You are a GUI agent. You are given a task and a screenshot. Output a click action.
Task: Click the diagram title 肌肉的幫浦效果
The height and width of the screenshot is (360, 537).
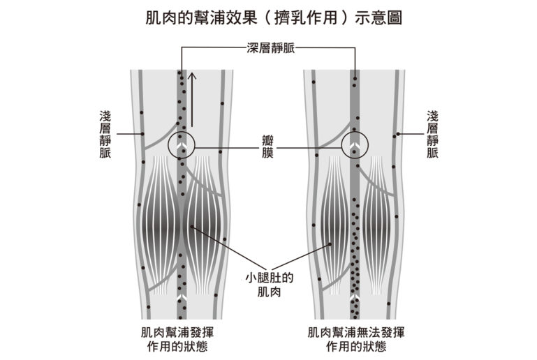tap(201, 18)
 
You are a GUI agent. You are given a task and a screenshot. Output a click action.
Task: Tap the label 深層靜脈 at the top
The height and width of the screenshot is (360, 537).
tap(270, 48)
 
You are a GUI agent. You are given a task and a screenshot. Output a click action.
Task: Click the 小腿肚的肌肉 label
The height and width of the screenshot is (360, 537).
tap(269, 285)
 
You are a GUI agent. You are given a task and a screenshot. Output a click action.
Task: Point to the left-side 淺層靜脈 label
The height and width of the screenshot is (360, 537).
tap(105, 134)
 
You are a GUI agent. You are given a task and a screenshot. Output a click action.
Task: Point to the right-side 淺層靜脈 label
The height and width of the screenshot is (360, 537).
tap(432, 134)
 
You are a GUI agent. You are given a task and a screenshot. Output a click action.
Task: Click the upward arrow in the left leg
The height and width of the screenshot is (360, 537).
tap(193, 100)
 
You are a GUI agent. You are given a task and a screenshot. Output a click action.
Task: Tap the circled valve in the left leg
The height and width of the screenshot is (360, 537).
tap(181, 145)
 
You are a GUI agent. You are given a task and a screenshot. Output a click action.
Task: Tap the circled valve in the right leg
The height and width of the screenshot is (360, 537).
tap(355, 145)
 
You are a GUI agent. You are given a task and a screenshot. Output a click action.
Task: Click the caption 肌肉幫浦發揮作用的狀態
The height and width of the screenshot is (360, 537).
tap(177, 339)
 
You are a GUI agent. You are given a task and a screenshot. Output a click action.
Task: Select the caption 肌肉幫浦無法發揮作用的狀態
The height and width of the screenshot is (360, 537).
tap(356, 339)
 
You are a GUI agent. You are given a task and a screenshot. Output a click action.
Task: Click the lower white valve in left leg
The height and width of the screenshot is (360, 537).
tap(181, 298)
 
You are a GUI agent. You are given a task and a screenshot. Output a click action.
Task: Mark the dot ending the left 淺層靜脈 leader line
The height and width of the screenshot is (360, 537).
tap(142, 134)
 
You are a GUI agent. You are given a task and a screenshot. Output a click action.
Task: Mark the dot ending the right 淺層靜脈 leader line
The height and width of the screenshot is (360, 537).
tap(398, 134)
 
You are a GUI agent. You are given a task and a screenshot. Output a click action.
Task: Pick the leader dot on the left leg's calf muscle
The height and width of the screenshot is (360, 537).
tap(192, 227)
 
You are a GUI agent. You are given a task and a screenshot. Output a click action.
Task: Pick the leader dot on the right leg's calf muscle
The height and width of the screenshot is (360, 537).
tap(330, 244)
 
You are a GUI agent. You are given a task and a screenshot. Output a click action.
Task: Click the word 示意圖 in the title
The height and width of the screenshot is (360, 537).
tap(378, 18)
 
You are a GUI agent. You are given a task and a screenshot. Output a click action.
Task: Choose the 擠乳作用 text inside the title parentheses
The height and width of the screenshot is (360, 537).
tap(306, 18)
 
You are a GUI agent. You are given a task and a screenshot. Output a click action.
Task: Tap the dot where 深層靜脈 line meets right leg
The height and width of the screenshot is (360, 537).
tap(355, 78)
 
